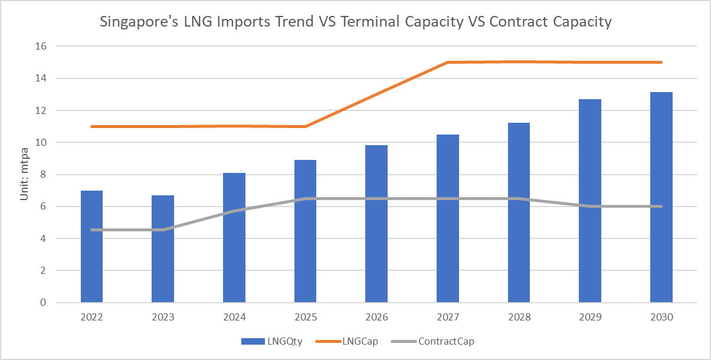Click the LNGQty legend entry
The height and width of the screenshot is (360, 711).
pos(272,341)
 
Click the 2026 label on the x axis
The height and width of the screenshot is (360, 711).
pos(376,317)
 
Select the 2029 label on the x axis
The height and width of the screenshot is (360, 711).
pos(590,317)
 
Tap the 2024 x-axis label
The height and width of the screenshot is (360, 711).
pos(234,317)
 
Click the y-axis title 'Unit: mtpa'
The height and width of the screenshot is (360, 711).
pos(25,175)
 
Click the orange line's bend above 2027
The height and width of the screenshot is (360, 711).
pos(448,62)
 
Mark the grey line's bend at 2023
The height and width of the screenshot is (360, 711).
pos(163,230)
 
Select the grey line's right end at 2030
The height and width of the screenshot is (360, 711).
pos(661,207)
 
